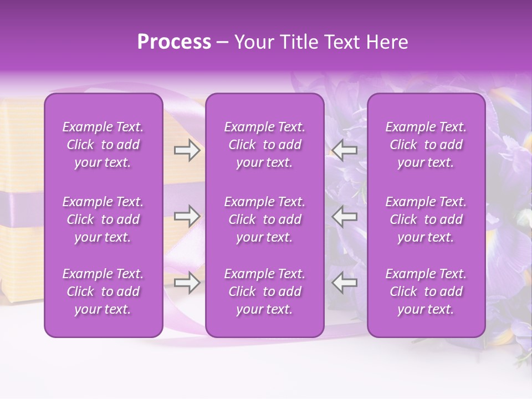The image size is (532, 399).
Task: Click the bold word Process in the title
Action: pyautogui.click(x=174, y=42)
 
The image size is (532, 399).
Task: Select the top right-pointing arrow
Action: pyautogui.click(x=187, y=150)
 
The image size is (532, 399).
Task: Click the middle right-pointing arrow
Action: pyautogui.click(x=187, y=216)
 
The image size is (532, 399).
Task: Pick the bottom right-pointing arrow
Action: pyautogui.click(x=187, y=283)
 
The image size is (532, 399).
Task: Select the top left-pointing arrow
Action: pyautogui.click(x=345, y=150)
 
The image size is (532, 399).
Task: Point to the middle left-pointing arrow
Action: pyautogui.click(x=345, y=216)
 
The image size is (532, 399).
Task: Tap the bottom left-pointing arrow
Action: pyautogui.click(x=345, y=283)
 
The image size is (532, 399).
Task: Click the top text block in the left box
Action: pyautogui.click(x=103, y=145)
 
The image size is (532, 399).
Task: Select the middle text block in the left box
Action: pyautogui.click(x=103, y=219)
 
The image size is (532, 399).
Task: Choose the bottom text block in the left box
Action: pyautogui.click(x=103, y=291)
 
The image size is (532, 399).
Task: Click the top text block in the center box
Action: pyautogui.click(x=265, y=145)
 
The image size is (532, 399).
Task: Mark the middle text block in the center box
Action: pyautogui.click(x=265, y=219)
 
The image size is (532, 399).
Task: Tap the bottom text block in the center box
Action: pyautogui.click(x=265, y=291)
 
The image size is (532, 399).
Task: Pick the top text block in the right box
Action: pyautogui.click(x=426, y=145)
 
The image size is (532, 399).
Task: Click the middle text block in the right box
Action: pyautogui.click(x=426, y=219)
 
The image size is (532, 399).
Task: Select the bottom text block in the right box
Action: pyautogui.click(x=426, y=291)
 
